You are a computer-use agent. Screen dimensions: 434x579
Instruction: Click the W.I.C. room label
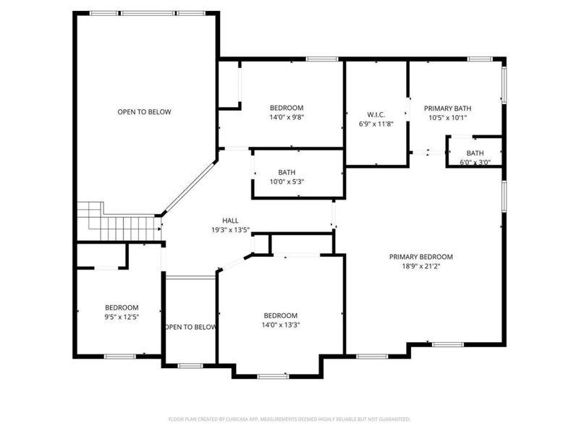(x=376, y=114)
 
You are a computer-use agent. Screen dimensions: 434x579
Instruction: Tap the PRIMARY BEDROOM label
(x=420, y=257)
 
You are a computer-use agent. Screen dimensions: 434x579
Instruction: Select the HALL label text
(x=231, y=221)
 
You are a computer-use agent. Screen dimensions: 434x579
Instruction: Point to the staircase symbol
(x=119, y=221)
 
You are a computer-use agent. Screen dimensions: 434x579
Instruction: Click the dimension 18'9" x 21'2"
(x=420, y=266)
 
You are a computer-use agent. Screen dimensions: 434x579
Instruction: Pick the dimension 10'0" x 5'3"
(x=287, y=182)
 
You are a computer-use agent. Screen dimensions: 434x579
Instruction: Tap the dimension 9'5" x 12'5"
(x=121, y=317)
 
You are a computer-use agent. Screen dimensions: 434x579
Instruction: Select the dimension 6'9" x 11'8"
(x=376, y=124)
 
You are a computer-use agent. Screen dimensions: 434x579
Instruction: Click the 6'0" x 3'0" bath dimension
(x=475, y=162)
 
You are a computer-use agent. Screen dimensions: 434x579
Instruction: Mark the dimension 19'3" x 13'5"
(x=231, y=230)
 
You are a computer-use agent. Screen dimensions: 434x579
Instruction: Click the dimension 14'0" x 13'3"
(x=280, y=325)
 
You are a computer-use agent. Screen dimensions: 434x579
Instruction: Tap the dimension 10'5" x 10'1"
(x=448, y=117)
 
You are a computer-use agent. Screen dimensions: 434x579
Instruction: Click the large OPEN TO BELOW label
(x=145, y=112)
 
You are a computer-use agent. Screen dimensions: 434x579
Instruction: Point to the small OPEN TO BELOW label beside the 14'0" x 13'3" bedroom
(x=190, y=328)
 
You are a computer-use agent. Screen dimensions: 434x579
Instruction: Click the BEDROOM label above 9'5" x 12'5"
(x=121, y=307)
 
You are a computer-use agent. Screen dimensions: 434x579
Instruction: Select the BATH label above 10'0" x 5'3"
(x=287, y=172)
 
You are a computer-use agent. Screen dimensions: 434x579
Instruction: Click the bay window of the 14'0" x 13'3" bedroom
(x=273, y=375)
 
